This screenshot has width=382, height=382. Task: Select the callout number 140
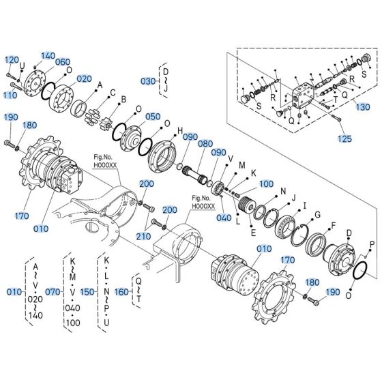(48, 56)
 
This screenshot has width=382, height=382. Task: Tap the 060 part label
(63, 62)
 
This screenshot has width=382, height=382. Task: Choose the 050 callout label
(153, 117)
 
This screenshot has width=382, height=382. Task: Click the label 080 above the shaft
(205, 144)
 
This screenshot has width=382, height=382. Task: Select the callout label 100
(266, 184)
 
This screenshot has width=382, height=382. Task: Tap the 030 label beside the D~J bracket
(148, 80)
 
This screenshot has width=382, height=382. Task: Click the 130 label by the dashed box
(364, 107)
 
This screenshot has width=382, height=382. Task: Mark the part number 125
(346, 139)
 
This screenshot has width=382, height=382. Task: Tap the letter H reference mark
(180, 130)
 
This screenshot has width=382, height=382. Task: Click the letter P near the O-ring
(372, 244)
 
